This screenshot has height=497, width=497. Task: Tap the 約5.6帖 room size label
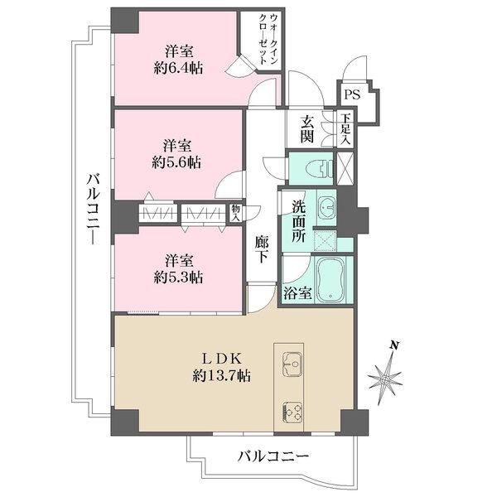[177, 162]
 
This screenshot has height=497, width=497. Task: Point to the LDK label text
[221, 359]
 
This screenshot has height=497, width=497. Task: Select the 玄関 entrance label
[307, 129]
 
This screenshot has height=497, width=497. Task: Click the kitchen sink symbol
[293, 362]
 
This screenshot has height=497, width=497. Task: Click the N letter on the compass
[395, 345]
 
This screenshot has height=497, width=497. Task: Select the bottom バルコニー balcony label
[273, 456]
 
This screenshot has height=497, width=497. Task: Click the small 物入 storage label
[235, 213]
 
